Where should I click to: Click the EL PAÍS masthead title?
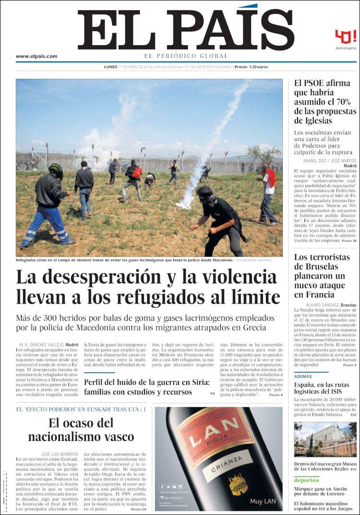point(185,30)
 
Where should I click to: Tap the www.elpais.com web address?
point(36,56)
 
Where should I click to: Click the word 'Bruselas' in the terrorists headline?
point(316,267)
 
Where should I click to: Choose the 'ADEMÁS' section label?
point(303,377)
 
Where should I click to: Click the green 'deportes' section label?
point(306,480)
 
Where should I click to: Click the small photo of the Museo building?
point(325,439)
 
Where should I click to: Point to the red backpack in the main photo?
point(137,172)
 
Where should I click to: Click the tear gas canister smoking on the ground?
point(183,205)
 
